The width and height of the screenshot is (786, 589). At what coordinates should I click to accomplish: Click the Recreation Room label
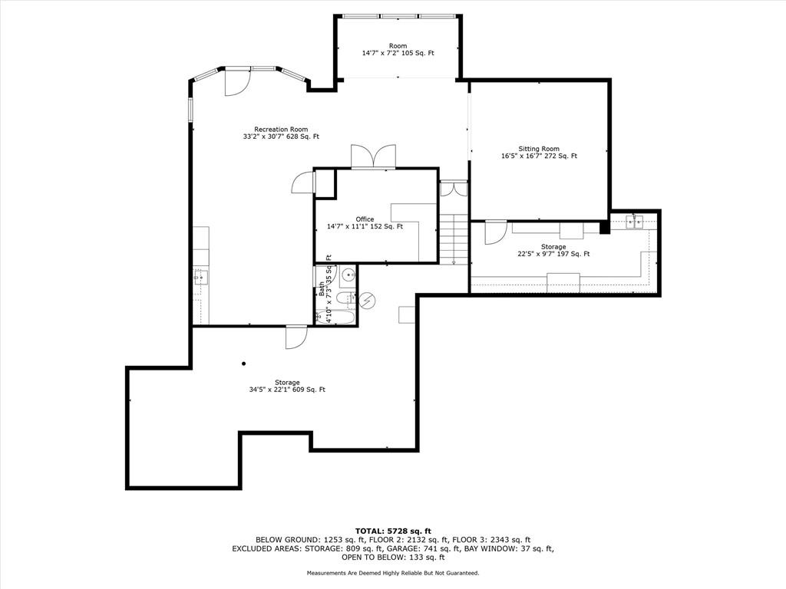coord(281,133)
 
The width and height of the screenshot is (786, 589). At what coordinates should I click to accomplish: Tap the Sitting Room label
coord(539,153)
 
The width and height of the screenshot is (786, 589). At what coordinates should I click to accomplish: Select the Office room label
coord(365,223)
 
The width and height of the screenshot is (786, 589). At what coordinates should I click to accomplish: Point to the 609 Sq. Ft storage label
coord(287,387)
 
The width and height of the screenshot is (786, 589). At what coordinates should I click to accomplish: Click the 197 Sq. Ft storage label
coord(553,251)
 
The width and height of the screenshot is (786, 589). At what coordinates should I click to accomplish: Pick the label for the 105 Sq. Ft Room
coord(398,49)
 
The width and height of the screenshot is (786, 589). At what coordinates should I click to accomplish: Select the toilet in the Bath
coord(346,299)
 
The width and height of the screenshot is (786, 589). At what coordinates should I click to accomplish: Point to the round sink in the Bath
coord(348,275)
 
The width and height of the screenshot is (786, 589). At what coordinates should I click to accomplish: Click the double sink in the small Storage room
coord(634,221)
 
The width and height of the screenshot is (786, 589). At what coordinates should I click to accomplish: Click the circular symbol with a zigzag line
coord(368,301)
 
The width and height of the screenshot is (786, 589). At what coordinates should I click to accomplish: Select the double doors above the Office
coord(374,156)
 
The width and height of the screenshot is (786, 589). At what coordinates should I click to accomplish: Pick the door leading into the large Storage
coord(296,337)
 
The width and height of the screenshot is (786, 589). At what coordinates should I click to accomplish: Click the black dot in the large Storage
coord(243,364)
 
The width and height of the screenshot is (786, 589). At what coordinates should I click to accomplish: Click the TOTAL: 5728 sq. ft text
coord(393,531)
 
